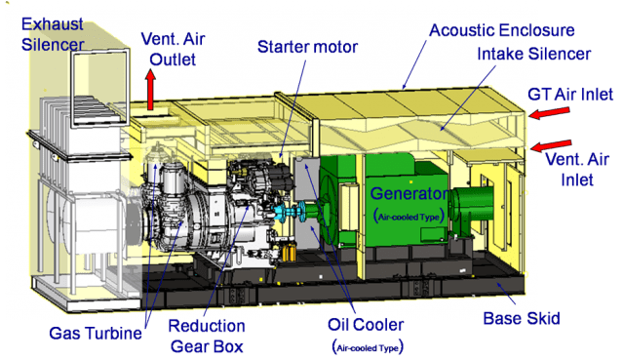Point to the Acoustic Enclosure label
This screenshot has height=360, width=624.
click(x=502, y=30)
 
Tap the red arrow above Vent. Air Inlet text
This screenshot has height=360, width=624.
click(x=552, y=144)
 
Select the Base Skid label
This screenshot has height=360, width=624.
click(x=521, y=318)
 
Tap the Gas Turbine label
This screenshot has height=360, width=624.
click(x=94, y=334)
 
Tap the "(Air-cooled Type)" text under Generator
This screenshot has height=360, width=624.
click(x=408, y=216)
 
